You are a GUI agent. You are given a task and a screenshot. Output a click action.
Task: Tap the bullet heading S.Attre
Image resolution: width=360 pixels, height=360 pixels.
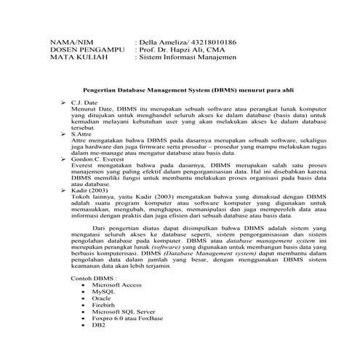point(82,134)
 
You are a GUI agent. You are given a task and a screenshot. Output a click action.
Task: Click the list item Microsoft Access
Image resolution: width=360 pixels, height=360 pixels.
point(116,285)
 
